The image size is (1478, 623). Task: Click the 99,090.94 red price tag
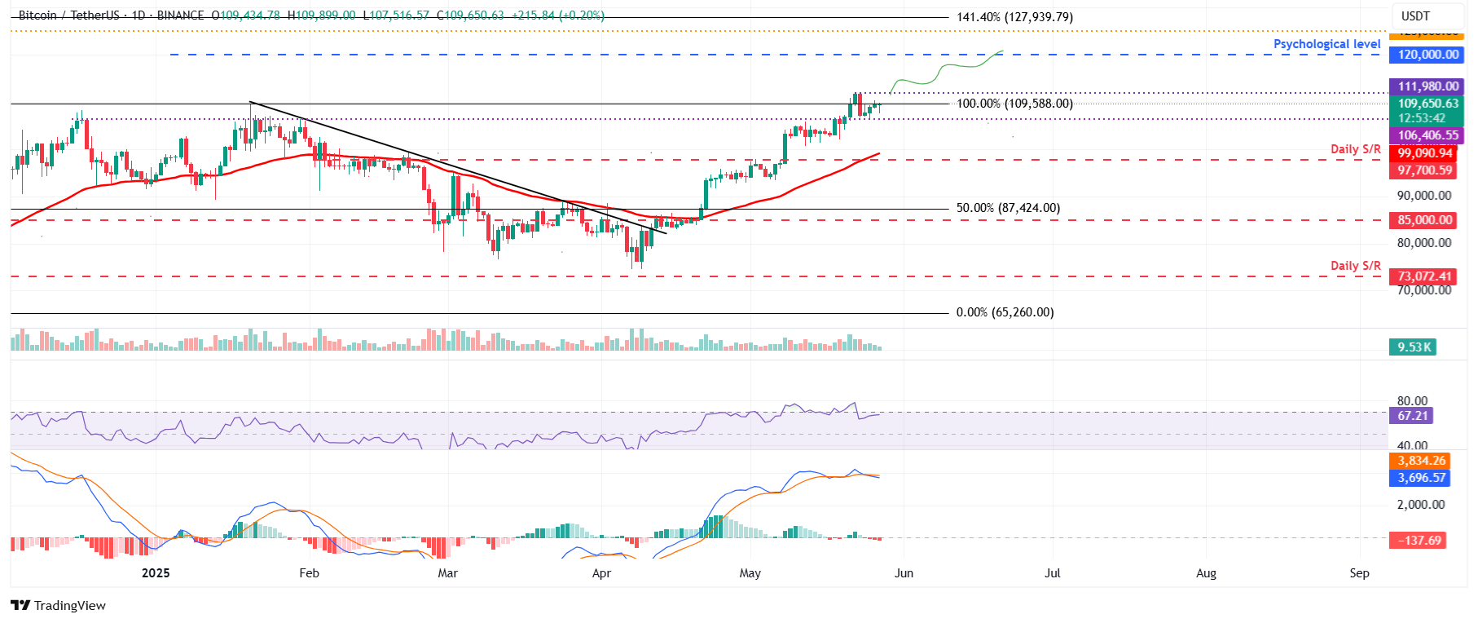(1425, 153)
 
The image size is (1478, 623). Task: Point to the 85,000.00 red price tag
(1425, 220)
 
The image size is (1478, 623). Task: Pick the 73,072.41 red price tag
(1425, 276)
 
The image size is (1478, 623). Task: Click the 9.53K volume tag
(1414, 347)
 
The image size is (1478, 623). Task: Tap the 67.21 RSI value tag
(1413, 416)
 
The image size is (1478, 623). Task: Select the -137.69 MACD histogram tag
(1419, 541)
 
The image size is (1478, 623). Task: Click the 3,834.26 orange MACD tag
(1422, 461)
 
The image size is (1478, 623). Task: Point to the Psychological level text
(1326, 44)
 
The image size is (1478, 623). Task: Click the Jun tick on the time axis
(904, 573)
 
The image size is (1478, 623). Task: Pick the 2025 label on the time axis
(156, 573)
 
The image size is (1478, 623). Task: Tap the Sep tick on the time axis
(1359, 573)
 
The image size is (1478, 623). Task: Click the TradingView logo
(59, 605)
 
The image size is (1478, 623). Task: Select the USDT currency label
(1415, 16)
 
